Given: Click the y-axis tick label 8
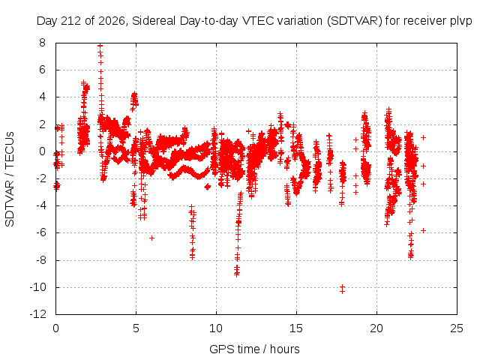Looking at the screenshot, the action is click(42, 43).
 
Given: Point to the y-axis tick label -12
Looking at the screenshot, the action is click(38, 314).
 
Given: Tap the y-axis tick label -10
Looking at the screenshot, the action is click(38, 287).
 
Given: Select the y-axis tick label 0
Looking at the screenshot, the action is click(42, 151).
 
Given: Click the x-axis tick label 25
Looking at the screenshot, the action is click(457, 328).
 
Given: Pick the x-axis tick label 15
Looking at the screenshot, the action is click(296, 328).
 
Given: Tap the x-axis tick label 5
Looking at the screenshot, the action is click(136, 328).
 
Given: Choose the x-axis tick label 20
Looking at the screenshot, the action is click(376, 328).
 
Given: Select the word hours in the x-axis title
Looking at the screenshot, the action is click(285, 349).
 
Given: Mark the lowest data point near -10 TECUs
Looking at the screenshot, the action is click(342, 291).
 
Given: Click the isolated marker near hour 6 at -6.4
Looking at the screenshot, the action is click(151, 238).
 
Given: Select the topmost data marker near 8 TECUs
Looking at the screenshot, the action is click(100, 46).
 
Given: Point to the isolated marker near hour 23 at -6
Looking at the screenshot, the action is click(423, 230).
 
